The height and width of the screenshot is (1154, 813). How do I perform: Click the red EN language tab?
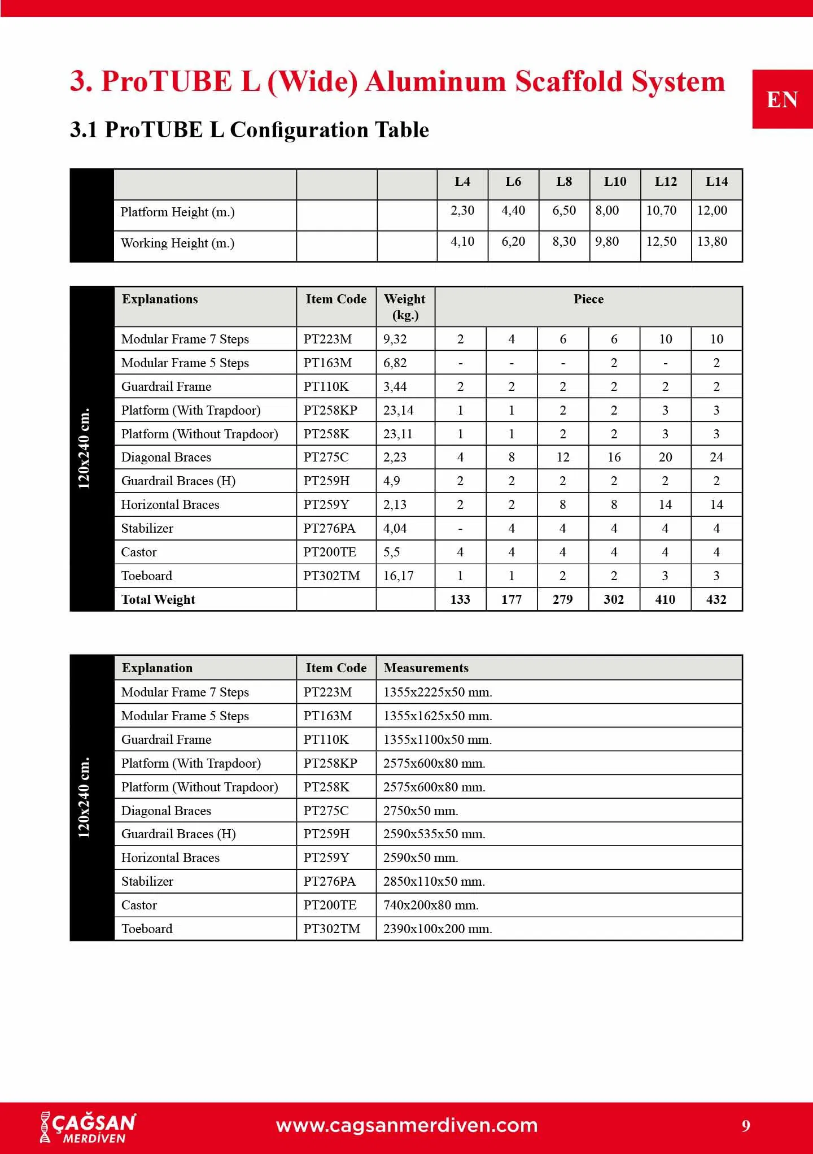(x=782, y=99)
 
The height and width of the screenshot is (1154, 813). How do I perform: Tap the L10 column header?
(x=615, y=182)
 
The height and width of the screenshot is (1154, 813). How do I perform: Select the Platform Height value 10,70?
(x=661, y=211)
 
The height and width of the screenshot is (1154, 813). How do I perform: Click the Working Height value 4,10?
(x=462, y=242)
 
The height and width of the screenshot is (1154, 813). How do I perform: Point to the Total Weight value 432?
(x=716, y=599)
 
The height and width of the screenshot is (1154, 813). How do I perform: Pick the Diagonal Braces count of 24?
(x=716, y=457)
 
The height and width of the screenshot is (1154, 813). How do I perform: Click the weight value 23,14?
(x=398, y=410)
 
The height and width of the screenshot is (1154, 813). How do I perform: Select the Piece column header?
(x=588, y=299)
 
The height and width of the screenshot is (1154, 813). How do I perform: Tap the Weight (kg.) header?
(x=405, y=307)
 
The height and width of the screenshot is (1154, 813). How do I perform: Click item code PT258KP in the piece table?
(x=330, y=410)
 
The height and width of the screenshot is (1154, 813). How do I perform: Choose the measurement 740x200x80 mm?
(x=431, y=905)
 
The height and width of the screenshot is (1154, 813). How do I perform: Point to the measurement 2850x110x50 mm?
(x=434, y=881)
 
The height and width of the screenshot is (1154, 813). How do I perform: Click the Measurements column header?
(x=426, y=668)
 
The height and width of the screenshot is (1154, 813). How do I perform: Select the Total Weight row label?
(x=159, y=599)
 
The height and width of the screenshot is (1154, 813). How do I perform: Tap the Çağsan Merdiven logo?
(x=88, y=1127)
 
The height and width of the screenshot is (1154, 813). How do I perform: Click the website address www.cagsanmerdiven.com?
(x=406, y=1125)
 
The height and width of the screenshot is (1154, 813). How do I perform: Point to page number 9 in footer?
(x=746, y=1126)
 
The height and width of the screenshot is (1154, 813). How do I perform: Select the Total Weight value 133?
(x=460, y=599)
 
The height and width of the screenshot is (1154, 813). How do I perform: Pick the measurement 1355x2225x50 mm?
(x=438, y=692)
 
